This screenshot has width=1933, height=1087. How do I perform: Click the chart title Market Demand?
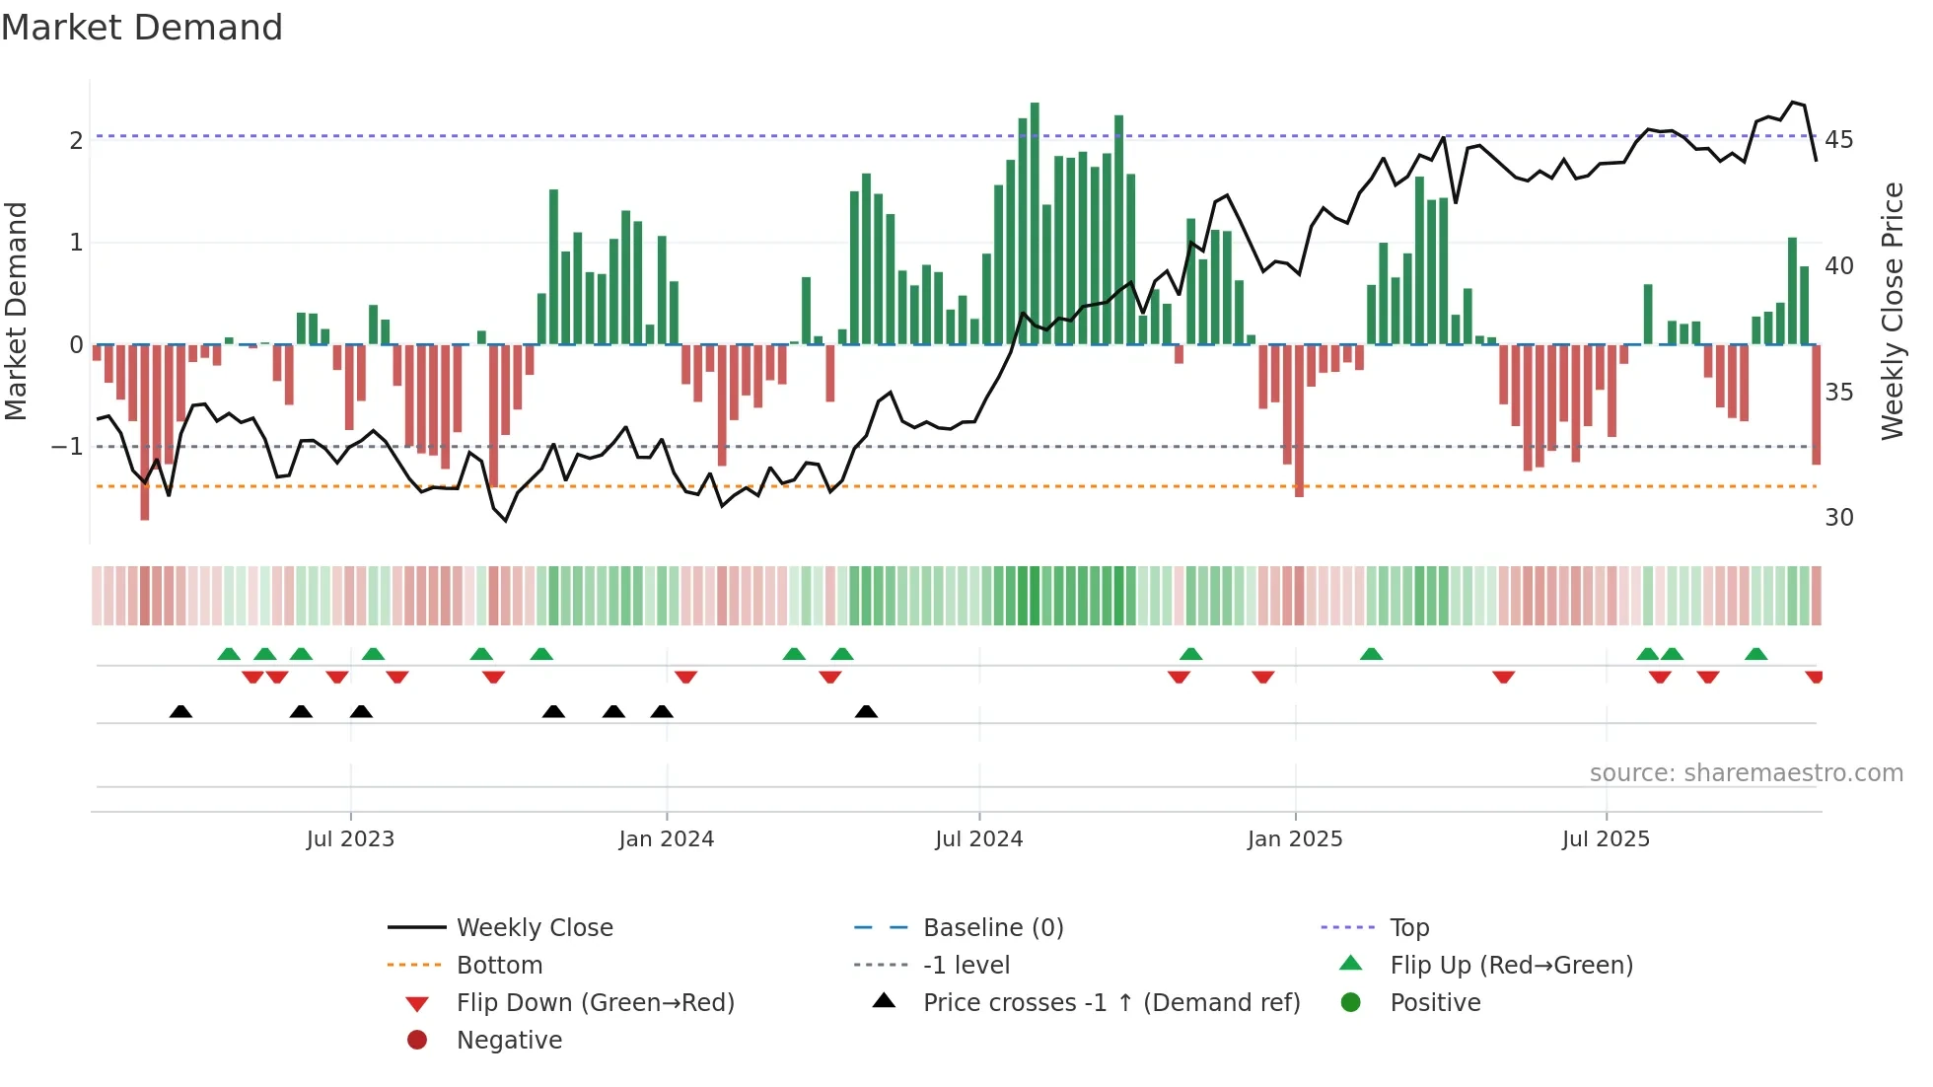(142, 28)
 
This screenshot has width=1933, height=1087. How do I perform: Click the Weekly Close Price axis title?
(1892, 311)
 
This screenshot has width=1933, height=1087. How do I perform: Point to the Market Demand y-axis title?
(16, 311)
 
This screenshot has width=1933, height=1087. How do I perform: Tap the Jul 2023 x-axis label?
(350, 839)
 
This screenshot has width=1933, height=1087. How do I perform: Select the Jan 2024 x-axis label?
(666, 839)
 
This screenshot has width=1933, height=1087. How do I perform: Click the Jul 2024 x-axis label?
(978, 839)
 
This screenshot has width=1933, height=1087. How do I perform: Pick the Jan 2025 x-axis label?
(1294, 839)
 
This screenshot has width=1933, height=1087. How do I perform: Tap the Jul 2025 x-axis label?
(1606, 839)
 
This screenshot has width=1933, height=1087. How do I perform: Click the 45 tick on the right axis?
(1838, 140)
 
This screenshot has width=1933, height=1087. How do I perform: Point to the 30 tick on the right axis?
(1838, 518)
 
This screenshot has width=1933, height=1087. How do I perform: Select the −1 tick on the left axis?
(67, 447)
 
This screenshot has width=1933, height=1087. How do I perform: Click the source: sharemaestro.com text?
(1746, 773)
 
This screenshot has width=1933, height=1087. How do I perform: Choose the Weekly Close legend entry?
(534, 928)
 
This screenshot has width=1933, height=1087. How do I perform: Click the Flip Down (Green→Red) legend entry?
(595, 1003)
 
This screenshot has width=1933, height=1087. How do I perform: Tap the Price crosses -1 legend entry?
(1110, 1003)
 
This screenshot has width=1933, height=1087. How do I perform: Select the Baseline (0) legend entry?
(992, 928)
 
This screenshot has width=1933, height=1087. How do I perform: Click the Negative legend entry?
(509, 1041)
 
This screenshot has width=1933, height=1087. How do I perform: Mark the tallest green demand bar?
(1035, 223)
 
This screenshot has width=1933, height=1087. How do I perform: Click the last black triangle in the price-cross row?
(866, 712)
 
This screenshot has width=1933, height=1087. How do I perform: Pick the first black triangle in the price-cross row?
(180, 712)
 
